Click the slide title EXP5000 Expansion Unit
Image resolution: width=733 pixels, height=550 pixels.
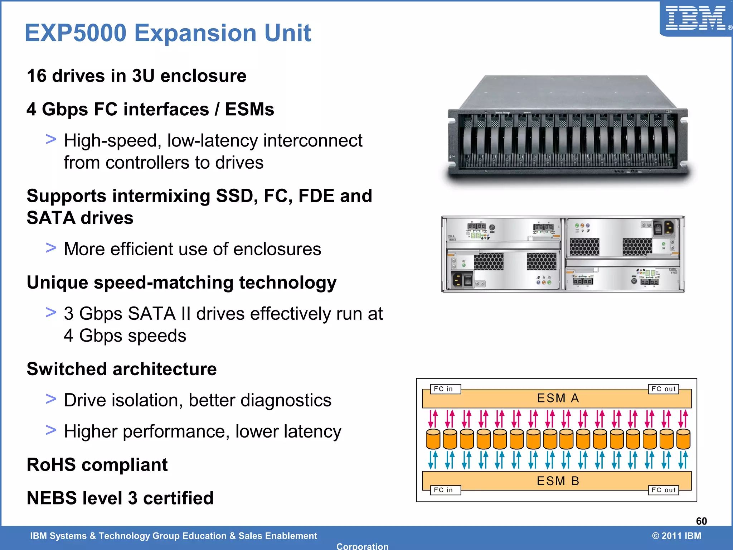[x=168, y=33]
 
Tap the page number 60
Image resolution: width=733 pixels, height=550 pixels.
[x=701, y=521]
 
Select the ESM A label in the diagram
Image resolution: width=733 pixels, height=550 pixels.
[x=558, y=398]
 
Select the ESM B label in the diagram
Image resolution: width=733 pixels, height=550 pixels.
[x=558, y=481]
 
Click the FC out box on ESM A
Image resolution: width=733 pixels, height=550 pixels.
[x=663, y=389]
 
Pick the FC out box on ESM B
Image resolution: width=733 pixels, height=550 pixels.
[x=663, y=490]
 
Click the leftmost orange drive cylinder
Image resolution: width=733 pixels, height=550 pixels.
[x=433, y=439]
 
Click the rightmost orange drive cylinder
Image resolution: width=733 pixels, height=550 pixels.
[x=683, y=439]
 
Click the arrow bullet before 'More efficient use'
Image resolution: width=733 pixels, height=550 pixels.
[x=51, y=247]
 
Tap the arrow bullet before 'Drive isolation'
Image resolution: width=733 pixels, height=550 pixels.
[x=51, y=399]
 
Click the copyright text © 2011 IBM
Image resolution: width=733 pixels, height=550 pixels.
[x=676, y=536]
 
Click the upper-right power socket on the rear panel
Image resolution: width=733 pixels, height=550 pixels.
[x=669, y=228]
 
